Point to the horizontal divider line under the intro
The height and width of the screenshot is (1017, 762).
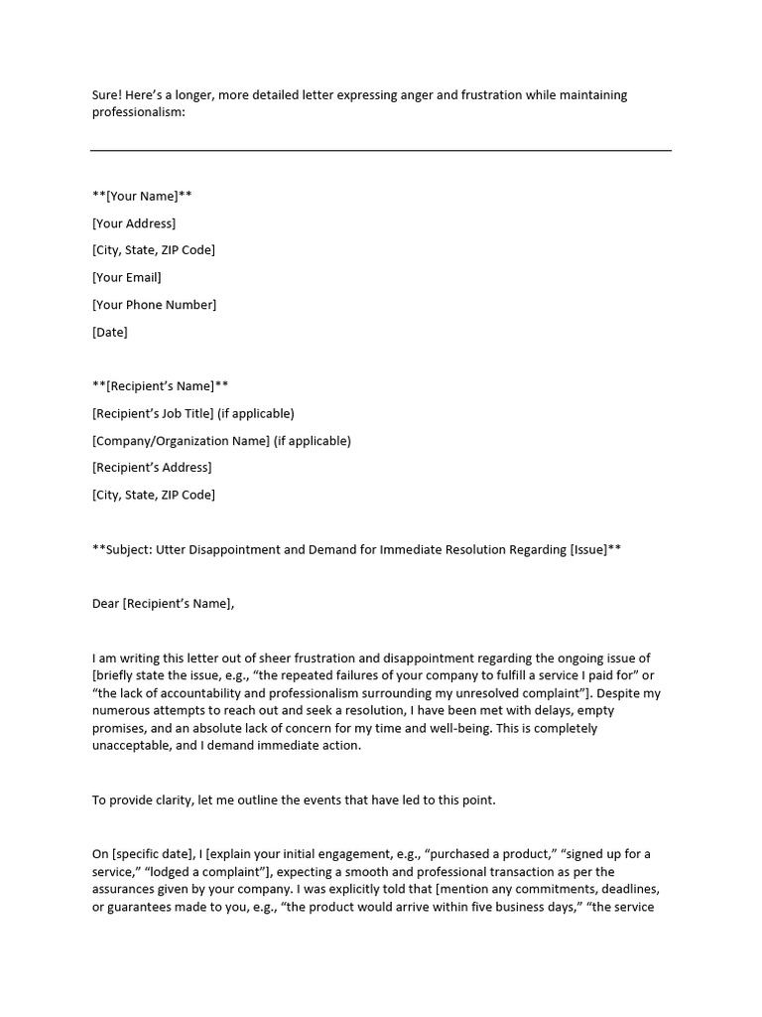pyautogui.click(x=381, y=150)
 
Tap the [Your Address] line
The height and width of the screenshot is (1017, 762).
pyautogui.click(x=134, y=223)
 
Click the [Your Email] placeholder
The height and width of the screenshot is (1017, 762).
pyautogui.click(x=126, y=277)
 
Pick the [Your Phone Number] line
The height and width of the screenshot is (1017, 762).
pyautogui.click(x=154, y=305)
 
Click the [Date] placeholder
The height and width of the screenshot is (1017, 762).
pyautogui.click(x=110, y=333)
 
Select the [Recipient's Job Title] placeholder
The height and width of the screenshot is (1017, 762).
pyautogui.click(x=153, y=413)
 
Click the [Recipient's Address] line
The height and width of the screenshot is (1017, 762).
pyautogui.click(x=152, y=468)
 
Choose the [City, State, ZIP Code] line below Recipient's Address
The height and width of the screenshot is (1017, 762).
pyautogui.click(x=154, y=495)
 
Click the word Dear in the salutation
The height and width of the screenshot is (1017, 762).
pyautogui.click(x=105, y=603)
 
